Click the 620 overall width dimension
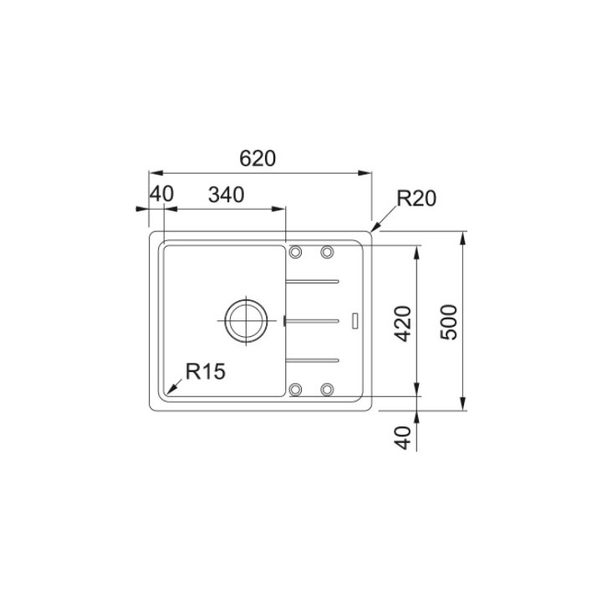tap(258, 158)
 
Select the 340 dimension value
tap(225, 195)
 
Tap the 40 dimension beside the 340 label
tap(161, 195)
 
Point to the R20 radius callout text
tap(416, 199)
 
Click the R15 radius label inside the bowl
tap(206, 371)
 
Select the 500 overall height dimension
tap(450, 322)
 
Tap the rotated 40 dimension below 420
tap(403, 438)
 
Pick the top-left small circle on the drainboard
tap(294, 252)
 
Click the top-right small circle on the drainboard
tap(327, 252)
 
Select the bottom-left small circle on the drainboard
tap(294, 389)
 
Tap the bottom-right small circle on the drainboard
tap(327, 389)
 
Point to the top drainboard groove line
tap(313, 280)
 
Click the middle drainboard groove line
tap(313, 319)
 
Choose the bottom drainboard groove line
tap(313, 360)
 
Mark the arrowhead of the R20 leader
tap(374, 227)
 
